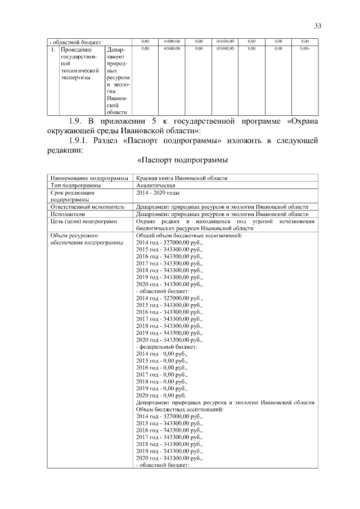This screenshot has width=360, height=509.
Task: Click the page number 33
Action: coord(318,26)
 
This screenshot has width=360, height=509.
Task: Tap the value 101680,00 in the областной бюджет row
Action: coord(225,42)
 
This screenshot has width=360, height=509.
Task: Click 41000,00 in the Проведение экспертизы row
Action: coord(172,49)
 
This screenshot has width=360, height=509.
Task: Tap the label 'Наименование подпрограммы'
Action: coord(89,178)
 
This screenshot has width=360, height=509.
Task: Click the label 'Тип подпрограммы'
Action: coord(75,185)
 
